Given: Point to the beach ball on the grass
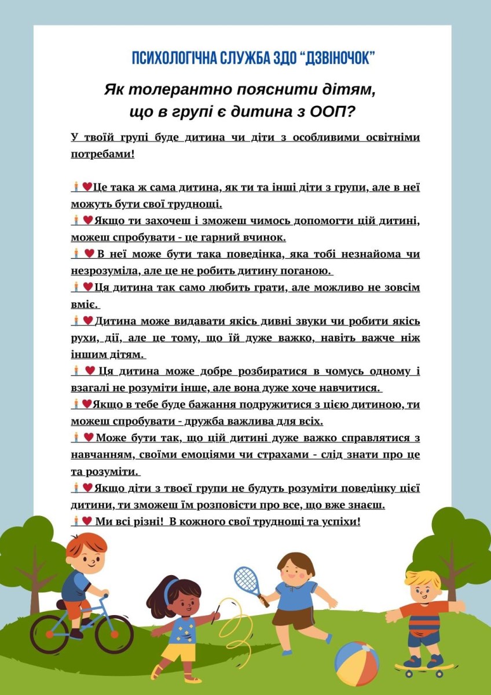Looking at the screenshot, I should pyautogui.click(x=357, y=663).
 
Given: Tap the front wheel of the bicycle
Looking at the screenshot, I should pyautogui.click(x=113, y=633).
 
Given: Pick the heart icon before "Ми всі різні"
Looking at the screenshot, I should pyautogui.click(x=87, y=521).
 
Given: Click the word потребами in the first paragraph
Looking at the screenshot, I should pyautogui.click(x=101, y=154).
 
